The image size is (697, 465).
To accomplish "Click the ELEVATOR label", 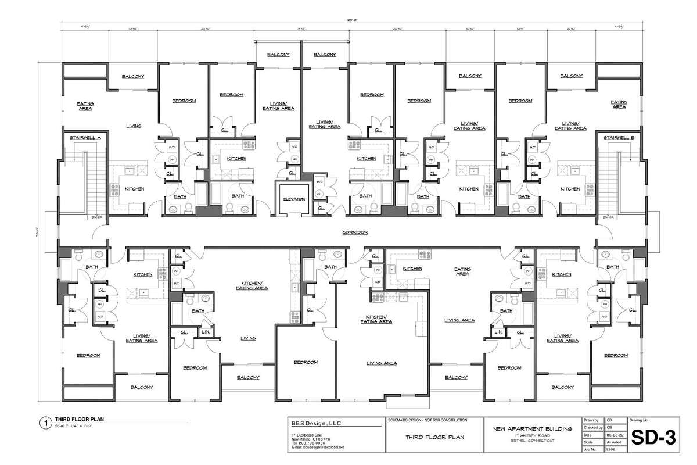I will click(x=294, y=199).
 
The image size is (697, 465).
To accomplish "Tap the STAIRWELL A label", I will click(x=85, y=138).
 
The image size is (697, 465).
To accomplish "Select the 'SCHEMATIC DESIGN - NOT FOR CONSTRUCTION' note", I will click(x=426, y=420).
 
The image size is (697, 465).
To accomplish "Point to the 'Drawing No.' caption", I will click(x=637, y=419).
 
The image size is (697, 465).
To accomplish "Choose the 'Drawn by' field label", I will click(x=589, y=419).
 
